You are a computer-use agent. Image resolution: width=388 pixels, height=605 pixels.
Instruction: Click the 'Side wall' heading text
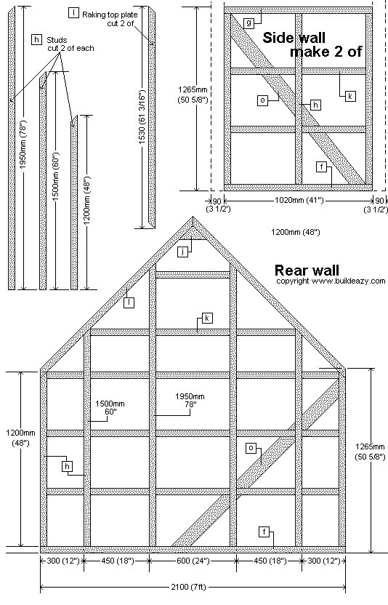point(294,37)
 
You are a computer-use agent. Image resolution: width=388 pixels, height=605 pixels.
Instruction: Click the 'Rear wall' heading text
point(307,270)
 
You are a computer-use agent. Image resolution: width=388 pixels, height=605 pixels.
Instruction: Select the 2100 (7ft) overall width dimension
point(189,588)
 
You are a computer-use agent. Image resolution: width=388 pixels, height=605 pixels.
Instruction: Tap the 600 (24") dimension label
point(193,561)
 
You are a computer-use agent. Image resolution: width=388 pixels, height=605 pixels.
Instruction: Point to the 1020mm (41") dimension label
point(299,200)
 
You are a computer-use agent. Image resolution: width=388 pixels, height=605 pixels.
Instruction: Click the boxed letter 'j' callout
point(182,252)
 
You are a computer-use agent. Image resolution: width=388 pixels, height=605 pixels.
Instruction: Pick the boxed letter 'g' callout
point(248,23)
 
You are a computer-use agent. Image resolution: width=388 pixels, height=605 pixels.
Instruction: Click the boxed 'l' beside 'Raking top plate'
point(73,13)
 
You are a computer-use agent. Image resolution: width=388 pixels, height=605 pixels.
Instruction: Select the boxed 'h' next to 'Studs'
point(36,39)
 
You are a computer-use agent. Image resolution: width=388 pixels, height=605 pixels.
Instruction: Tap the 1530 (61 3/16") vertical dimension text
point(142,117)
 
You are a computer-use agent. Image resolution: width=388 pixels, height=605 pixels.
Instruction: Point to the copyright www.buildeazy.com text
point(331,281)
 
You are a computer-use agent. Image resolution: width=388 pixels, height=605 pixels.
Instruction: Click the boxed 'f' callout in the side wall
point(321,167)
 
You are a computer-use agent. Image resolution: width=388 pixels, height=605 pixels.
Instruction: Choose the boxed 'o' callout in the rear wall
point(251,448)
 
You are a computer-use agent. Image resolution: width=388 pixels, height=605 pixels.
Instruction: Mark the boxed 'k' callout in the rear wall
point(207,318)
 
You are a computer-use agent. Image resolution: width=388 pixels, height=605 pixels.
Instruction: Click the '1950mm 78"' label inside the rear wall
point(190,400)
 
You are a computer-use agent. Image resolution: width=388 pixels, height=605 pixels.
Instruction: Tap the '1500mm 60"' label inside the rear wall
point(110,407)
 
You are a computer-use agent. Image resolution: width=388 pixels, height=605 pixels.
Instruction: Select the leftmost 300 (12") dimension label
point(62,561)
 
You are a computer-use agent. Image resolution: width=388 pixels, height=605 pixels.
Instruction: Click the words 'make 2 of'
point(326,52)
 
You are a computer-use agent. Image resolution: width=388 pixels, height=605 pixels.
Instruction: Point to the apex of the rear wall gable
point(193,217)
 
